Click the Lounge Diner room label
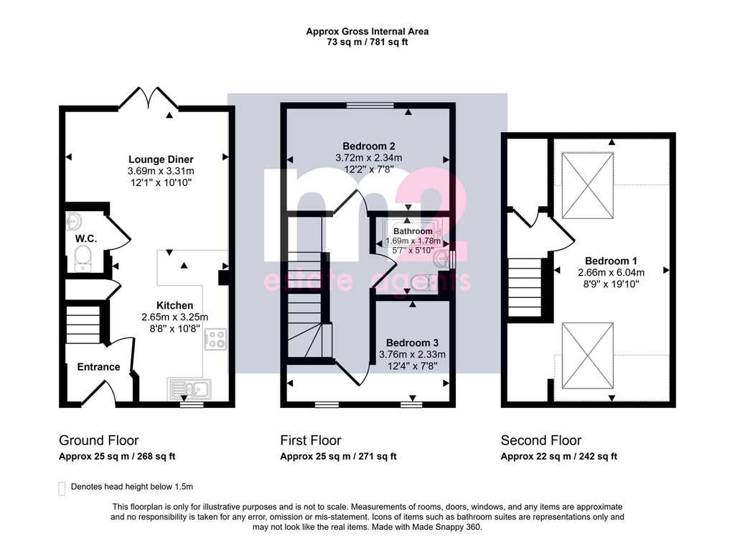coord(161,159)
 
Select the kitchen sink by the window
coord(189,389)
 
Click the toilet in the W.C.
coord(83,258)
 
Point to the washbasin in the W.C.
coord(73,220)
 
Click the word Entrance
coord(98,367)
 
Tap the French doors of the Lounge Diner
coord(149,98)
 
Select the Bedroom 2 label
coord(368,146)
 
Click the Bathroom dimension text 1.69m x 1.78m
coord(413,241)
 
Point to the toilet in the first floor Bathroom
coord(423,283)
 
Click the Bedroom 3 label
coord(412,343)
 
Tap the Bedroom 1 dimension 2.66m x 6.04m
coord(611,273)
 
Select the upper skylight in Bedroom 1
coord(588,185)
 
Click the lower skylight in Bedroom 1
coord(588,355)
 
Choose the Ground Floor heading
coord(98,440)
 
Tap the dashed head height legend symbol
coord(62,488)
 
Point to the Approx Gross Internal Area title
coord(367,32)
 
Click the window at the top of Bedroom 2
coord(370,106)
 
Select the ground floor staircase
coord(83,325)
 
